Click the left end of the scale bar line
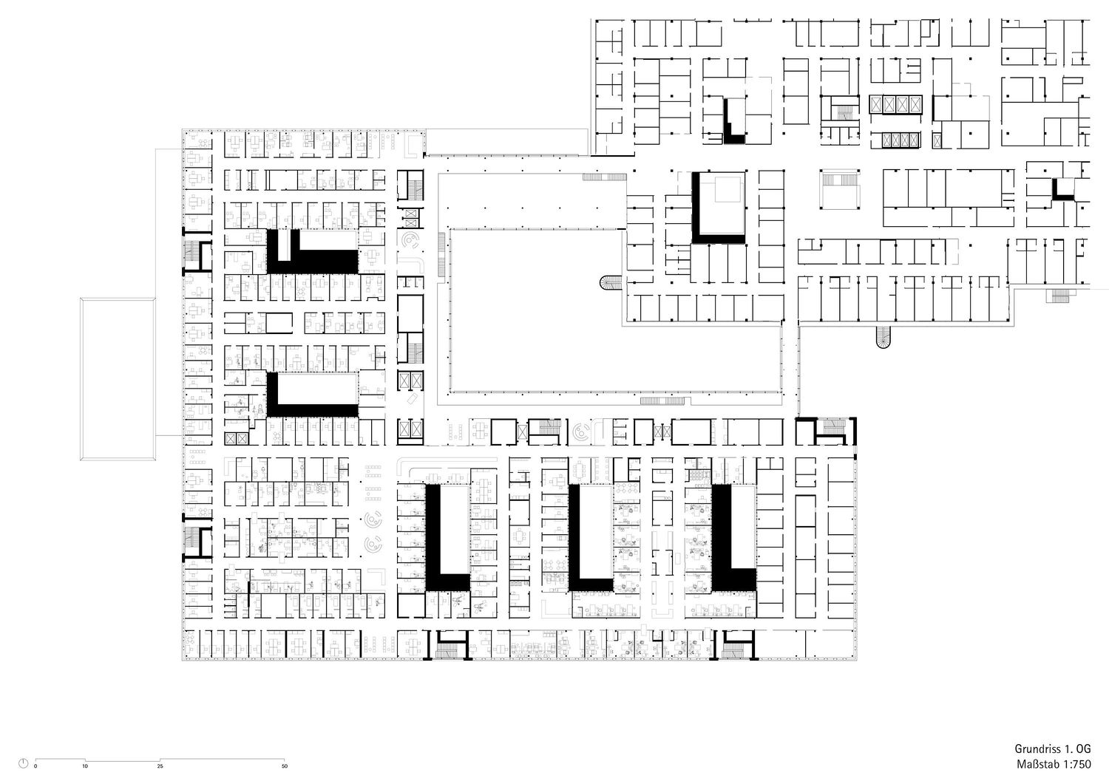pyautogui.click(x=35, y=759)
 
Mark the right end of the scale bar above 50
pyautogui.click(x=284, y=759)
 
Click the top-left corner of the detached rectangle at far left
pyautogui.click(x=80, y=298)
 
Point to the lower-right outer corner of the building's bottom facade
pyautogui.click(x=858, y=661)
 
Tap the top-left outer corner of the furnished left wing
pyautogui.click(x=182, y=129)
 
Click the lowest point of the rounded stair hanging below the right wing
pyautogui.click(x=883, y=348)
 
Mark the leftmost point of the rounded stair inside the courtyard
pyautogui.click(x=600, y=282)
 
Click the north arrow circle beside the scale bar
pyautogui.click(x=23, y=763)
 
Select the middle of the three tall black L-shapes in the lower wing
pyautogui.click(x=590, y=537)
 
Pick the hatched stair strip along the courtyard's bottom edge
pyautogui.click(x=662, y=401)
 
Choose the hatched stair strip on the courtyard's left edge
pyautogui.click(x=441, y=254)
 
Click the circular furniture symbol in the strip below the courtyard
pyautogui.click(x=581, y=432)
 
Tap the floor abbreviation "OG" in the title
pyautogui.click(x=1083, y=749)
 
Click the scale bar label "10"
pyautogui.click(x=85, y=766)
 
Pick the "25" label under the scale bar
pyautogui.click(x=160, y=766)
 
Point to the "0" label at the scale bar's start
pyautogui.click(x=35, y=766)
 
